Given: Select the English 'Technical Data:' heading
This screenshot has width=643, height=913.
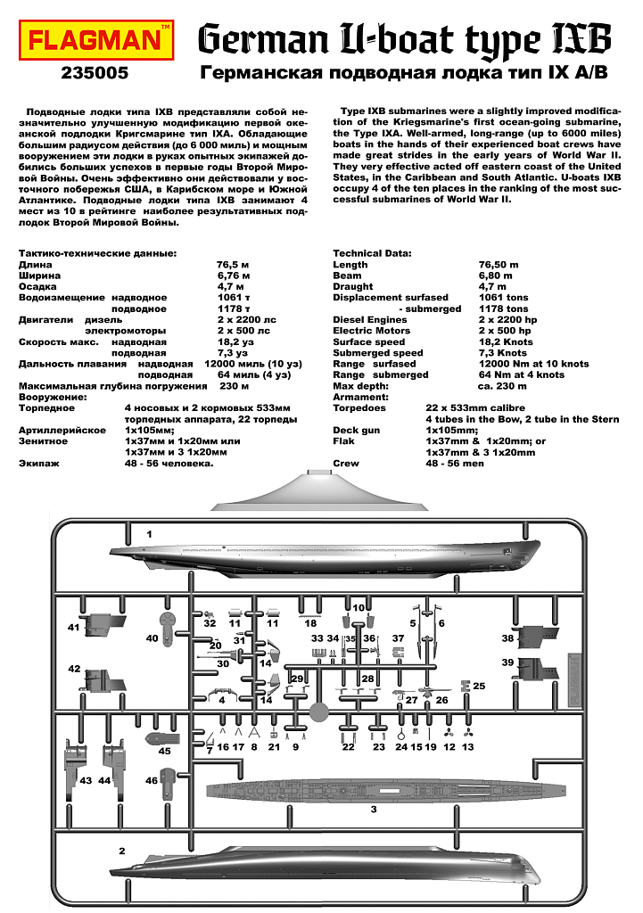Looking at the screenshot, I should pos(372,253).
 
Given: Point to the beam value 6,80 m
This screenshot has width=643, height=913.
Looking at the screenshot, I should pos(499,276).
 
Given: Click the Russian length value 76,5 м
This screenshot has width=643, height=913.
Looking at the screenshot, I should pos(232,265).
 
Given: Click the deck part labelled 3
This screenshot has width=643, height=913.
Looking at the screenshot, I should pos(383,790).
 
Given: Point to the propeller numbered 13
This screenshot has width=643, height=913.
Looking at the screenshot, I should pos(466,733).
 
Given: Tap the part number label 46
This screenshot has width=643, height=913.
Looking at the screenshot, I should pos(152,781).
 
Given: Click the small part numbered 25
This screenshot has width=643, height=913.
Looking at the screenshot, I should pos(464,686).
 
